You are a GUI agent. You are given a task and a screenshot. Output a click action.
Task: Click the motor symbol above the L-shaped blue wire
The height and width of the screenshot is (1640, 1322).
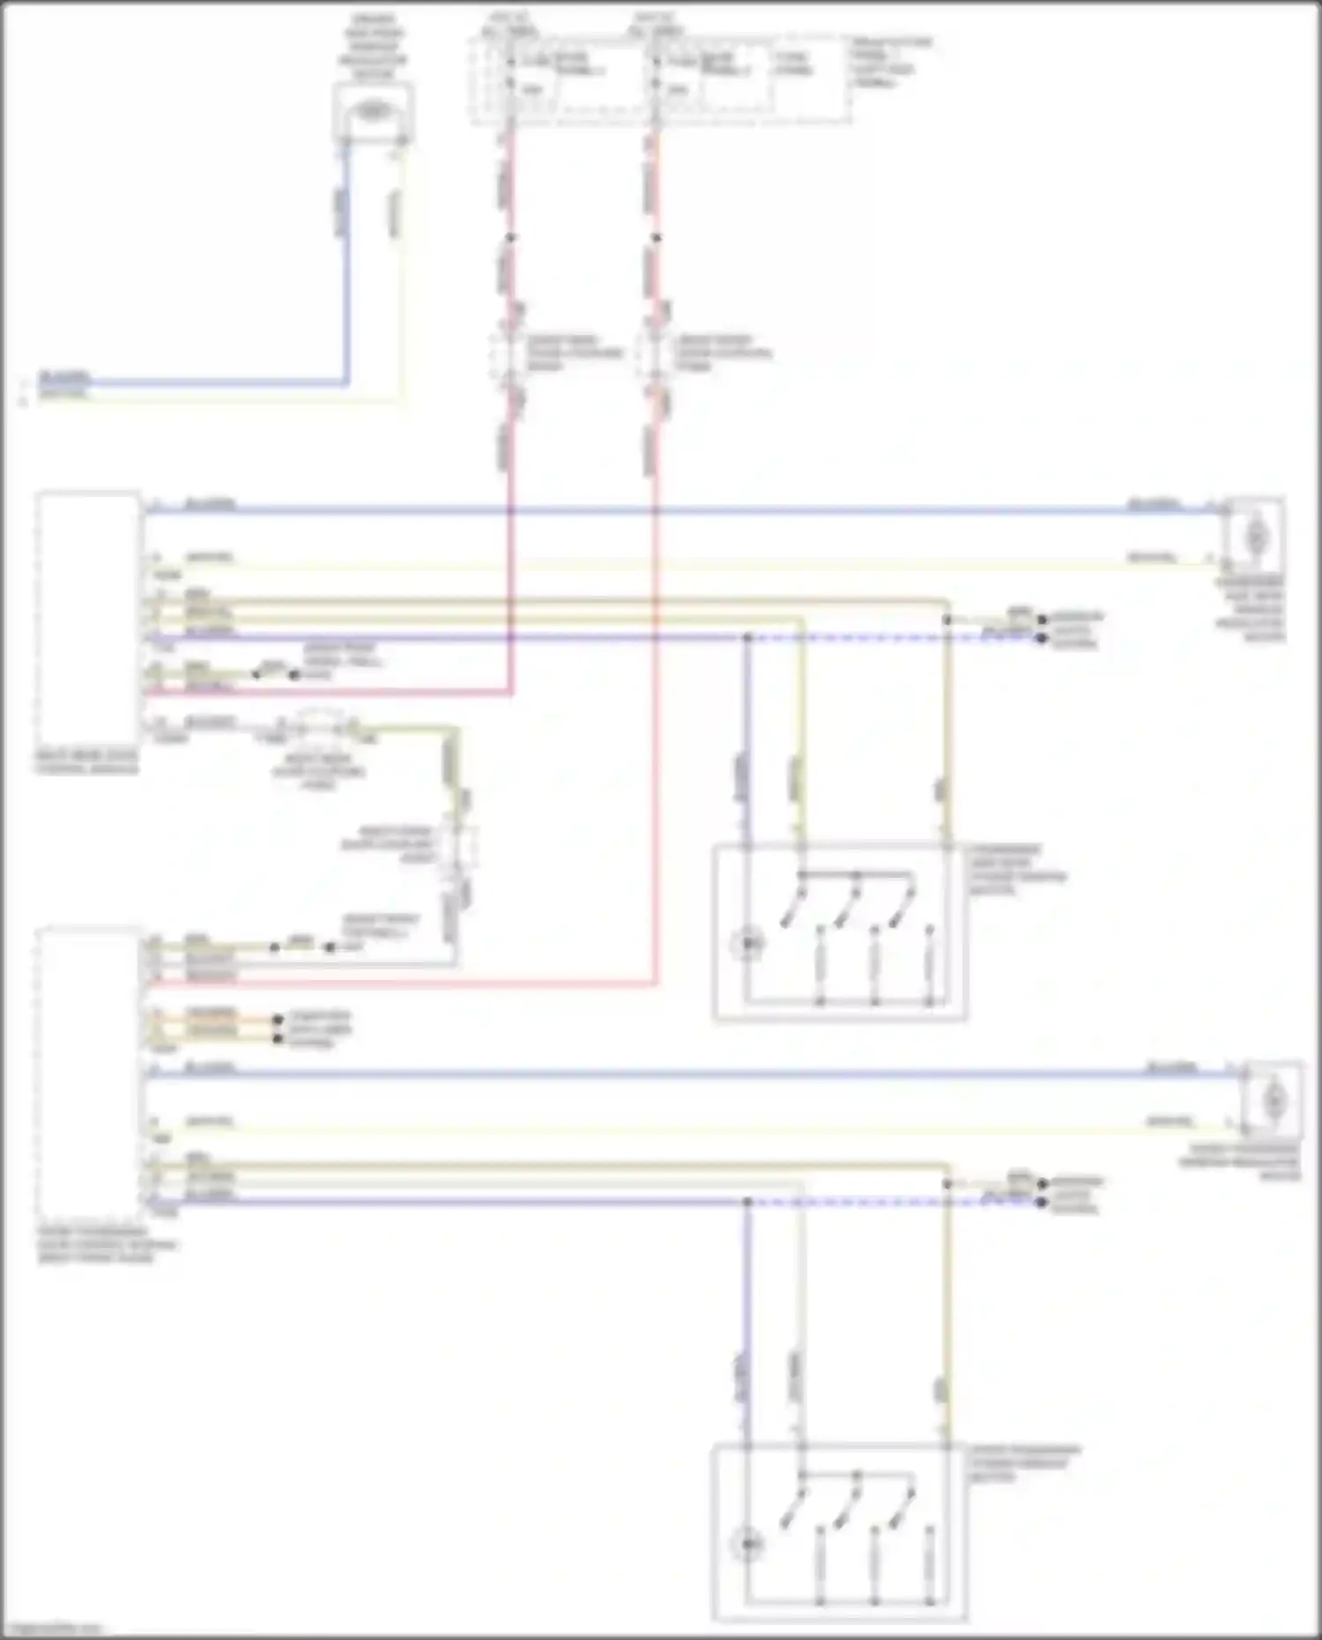pyautogui.click(x=374, y=112)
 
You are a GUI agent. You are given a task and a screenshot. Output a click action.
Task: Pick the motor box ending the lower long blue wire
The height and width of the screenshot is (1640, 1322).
pyautogui.click(x=1273, y=1099)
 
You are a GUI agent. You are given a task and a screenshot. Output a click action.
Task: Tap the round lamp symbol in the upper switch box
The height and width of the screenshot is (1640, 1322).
pyautogui.click(x=748, y=944)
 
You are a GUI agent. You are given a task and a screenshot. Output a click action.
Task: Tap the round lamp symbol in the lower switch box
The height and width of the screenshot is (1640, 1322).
pyautogui.click(x=748, y=1544)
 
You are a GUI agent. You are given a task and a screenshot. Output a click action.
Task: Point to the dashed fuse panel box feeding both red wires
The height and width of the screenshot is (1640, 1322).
pyautogui.click(x=661, y=79)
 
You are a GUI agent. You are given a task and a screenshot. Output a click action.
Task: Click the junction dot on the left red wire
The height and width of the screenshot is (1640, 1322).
pyautogui.click(x=509, y=237)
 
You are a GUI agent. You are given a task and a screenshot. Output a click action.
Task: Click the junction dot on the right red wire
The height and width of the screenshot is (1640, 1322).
pyautogui.click(x=655, y=237)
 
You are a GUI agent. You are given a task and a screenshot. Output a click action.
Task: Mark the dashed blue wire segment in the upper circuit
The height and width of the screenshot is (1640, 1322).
pyautogui.click(x=890, y=637)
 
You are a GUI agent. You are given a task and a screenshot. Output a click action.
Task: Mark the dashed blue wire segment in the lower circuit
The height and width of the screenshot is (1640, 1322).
pyautogui.click(x=890, y=1202)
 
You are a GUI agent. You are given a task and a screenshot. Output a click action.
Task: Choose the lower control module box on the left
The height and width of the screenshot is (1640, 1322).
pyautogui.click(x=88, y=1071)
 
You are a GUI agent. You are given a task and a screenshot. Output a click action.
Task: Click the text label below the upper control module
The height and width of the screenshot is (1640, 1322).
pyautogui.click(x=86, y=762)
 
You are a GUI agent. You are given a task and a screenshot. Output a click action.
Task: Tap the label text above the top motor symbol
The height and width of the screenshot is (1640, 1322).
pyautogui.click(x=374, y=47)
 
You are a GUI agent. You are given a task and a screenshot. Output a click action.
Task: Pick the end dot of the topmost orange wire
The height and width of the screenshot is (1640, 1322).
pyautogui.click(x=279, y=1019)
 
